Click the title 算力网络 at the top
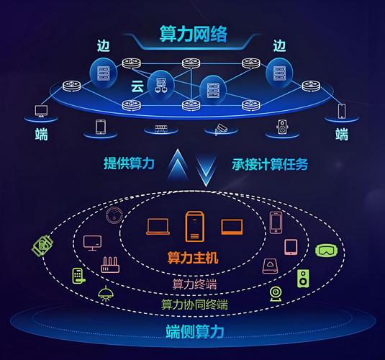pos(192,34)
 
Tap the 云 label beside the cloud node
pos(137,86)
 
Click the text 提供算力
pos(129,164)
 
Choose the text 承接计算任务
pos(270,164)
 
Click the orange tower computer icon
pos(193,226)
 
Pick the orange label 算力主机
pos(192,257)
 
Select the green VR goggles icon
pos(325,251)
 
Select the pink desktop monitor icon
pos(93,243)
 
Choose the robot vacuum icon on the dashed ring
pos(113,215)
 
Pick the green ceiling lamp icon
pos(106,292)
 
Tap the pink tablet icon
pos(291,247)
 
